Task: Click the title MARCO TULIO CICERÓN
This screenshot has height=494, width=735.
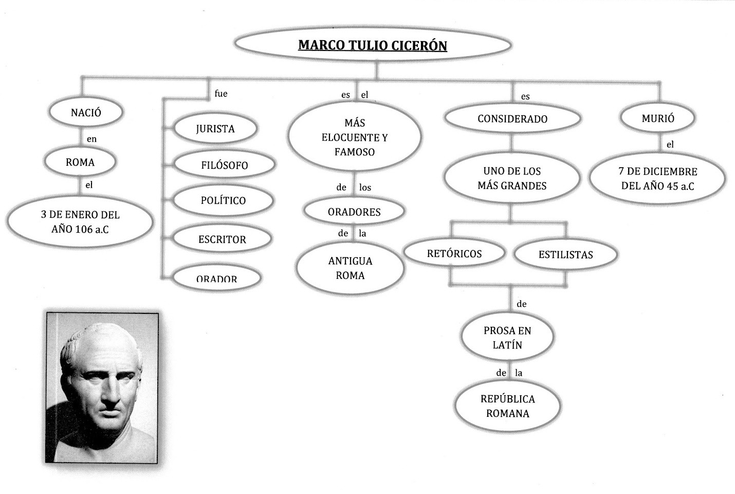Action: [x=373, y=45]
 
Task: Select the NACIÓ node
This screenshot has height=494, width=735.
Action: [x=86, y=113]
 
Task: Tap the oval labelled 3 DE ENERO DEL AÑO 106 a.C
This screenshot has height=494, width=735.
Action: [x=80, y=222]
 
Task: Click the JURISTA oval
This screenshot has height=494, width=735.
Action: [x=215, y=129]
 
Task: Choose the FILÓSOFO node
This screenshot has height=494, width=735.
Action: [x=224, y=165]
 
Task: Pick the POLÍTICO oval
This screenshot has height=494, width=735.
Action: [x=223, y=200]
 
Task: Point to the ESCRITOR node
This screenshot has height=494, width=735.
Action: [x=222, y=239]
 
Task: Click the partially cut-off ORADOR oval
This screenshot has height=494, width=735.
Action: [x=216, y=278]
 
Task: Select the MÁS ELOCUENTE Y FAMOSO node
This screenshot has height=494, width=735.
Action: [x=355, y=137]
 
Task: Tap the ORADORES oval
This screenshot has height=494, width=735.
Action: [x=354, y=211]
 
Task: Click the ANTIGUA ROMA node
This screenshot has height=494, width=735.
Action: [x=350, y=268]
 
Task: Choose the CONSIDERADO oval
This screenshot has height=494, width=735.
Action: [x=512, y=119]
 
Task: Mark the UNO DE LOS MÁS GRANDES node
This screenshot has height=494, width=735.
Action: [x=512, y=178]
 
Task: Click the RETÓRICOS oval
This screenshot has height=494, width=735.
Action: [x=454, y=254]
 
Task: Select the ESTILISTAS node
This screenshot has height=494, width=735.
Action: [x=565, y=255]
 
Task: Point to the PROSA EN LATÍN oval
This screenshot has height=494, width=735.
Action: [x=507, y=338]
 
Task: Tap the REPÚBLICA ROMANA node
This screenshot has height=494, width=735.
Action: [x=507, y=406]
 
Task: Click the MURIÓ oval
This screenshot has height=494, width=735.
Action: [x=658, y=118]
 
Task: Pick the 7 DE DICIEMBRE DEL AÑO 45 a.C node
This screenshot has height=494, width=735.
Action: [x=657, y=179]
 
